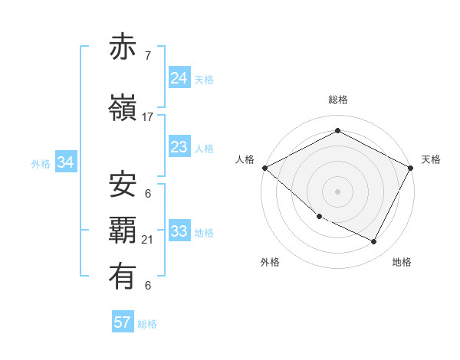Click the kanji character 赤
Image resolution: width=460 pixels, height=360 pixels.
click(123, 47)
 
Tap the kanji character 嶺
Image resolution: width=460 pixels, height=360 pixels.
click(123, 108)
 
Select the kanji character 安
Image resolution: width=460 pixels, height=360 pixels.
click(123, 185)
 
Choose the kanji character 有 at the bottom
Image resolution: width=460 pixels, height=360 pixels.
click(123, 277)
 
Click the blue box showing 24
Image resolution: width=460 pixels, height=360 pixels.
click(179, 77)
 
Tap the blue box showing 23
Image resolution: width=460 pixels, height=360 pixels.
click(179, 147)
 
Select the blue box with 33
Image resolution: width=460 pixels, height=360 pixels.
click(179, 231)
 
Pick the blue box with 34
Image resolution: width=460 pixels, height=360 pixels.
click(65, 162)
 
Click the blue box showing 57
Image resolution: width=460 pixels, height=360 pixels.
click(123, 322)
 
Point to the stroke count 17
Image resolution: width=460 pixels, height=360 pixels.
click(148, 117)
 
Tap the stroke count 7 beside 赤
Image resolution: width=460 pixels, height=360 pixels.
click(148, 56)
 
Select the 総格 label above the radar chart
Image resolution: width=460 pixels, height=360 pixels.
click(337, 100)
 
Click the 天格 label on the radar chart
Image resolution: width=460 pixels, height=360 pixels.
click(431, 159)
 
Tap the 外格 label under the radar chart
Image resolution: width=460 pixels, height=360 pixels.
click(270, 262)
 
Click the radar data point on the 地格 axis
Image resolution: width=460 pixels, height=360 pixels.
click(374, 242)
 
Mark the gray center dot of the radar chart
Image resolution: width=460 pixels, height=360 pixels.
click(337, 191)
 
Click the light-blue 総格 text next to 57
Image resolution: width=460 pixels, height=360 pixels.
click(147, 324)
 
